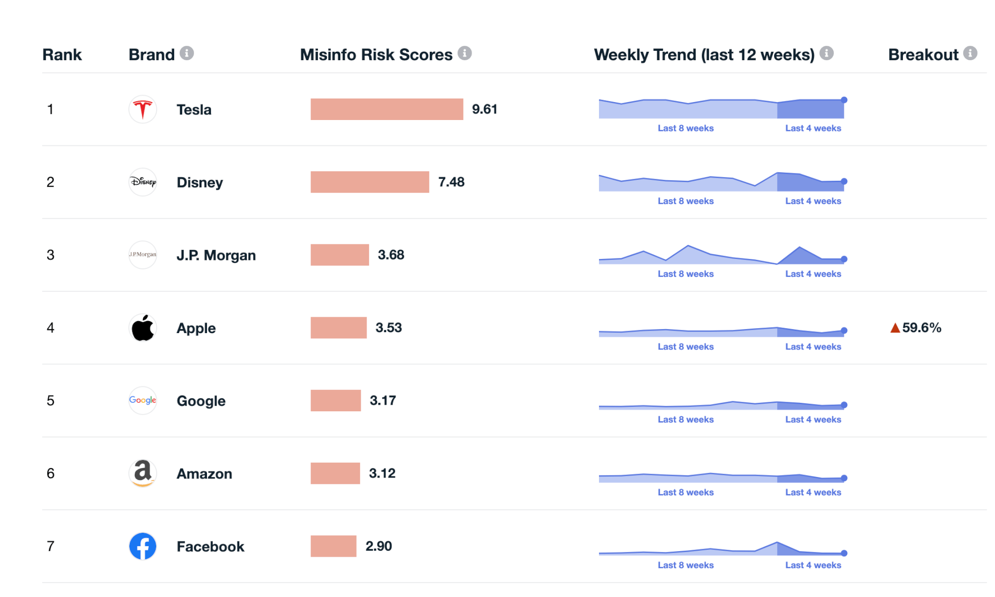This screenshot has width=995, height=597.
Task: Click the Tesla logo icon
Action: coord(143,110)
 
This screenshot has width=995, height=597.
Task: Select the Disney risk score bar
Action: coord(370,182)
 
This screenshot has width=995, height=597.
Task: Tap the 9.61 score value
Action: coord(485,110)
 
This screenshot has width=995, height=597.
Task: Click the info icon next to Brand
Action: coord(187,53)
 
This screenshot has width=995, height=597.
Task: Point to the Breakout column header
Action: coord(923,55)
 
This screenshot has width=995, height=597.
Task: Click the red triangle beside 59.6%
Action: coord(895,328)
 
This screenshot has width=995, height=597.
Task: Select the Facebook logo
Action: coord(143,546)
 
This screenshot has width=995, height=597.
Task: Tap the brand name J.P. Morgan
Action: coord(216,255)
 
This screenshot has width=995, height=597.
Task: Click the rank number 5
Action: coord(50,401)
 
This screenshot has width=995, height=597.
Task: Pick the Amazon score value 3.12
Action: coord(382,474)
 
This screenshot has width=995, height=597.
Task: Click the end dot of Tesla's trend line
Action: coord(844,100)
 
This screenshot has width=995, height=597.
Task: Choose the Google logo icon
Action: coord(143,400)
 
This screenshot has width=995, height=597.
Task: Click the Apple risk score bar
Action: coord(338,328)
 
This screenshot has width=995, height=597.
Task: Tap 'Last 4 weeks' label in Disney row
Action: coord(813,201)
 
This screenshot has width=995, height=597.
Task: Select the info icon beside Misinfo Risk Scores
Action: coord(465,53)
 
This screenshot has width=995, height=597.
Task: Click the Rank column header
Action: coord(62,55)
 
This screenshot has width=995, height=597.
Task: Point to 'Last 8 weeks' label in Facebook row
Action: coord(686,565)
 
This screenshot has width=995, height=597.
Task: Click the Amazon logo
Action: coord(143,473)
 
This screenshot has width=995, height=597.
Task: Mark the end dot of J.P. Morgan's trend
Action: coord(844,259)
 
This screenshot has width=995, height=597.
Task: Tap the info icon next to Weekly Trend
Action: coord(826,53)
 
